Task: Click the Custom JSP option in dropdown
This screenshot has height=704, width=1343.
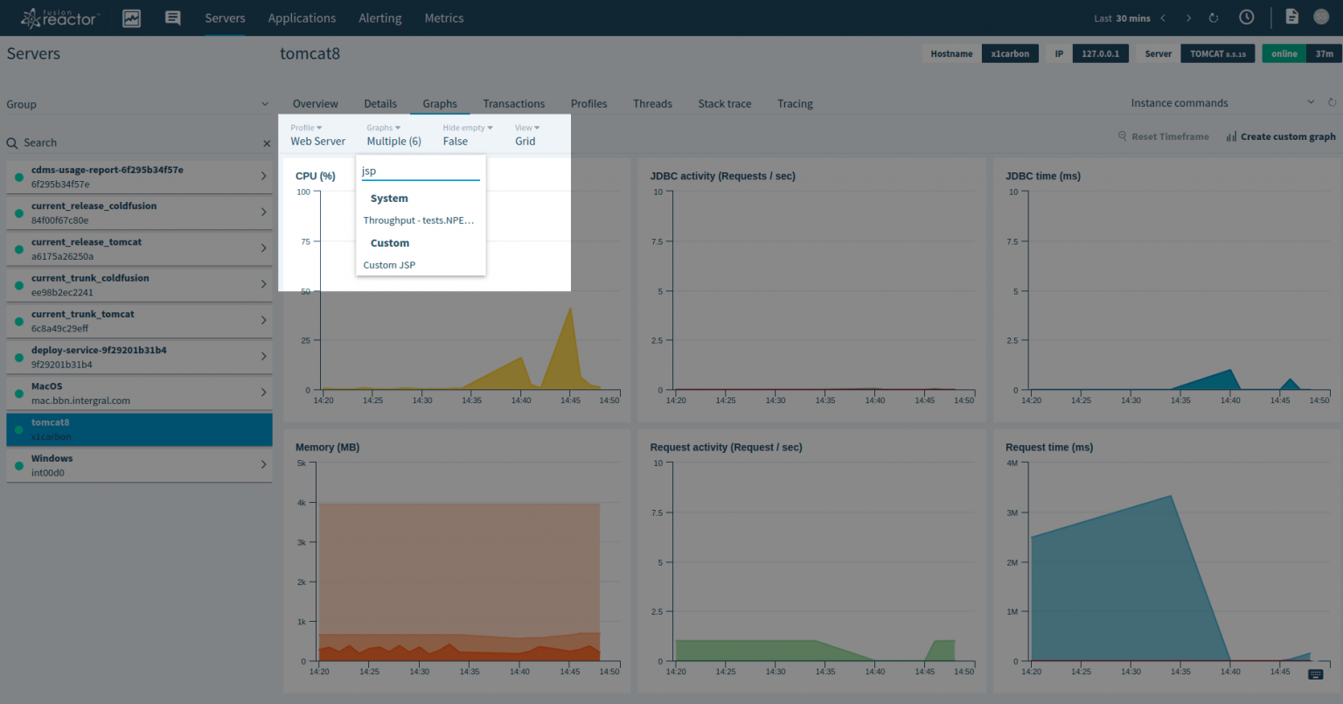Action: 389,265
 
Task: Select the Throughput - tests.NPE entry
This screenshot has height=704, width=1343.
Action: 419,220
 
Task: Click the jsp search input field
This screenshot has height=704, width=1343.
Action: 420,171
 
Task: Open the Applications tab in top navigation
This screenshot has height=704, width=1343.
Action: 302,18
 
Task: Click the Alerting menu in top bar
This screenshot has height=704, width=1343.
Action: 379,18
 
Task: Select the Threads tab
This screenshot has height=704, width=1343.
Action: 652,103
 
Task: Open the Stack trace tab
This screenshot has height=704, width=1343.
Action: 724,103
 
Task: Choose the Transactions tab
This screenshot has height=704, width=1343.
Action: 513,103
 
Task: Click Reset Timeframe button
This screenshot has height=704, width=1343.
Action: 1164,136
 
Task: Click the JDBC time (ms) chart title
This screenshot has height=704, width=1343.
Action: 1042,176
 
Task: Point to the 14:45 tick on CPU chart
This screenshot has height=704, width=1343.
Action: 570,400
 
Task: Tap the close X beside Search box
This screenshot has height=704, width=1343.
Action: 267,143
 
